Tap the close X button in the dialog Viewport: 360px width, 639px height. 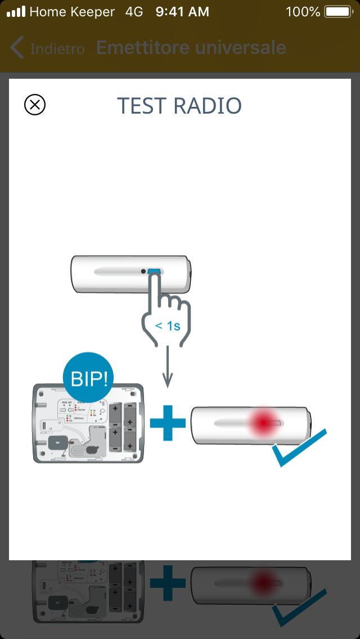(35, 105)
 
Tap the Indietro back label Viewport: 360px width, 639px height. (57, 49)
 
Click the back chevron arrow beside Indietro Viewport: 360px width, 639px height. (17, 48)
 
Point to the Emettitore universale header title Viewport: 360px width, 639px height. (191, 48)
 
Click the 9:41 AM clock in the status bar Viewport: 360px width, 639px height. (182, 12)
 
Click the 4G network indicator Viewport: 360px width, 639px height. (134, 12)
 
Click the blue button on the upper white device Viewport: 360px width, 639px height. (154, 272)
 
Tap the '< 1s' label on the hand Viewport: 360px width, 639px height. (168, 325)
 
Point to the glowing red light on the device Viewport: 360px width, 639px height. (262, 421)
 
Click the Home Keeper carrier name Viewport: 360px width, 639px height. (72, 12)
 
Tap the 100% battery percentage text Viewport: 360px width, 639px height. (303, 12)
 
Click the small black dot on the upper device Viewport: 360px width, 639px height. (144, 272)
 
